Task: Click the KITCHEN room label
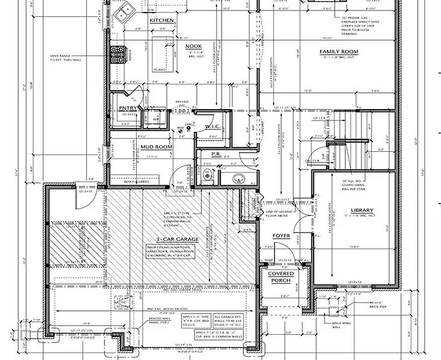pyautogui.click(x=161, y=21)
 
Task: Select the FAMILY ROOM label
pyautogui.click(x=338, y=51)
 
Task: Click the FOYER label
pyautogui.click(x=281, y=236)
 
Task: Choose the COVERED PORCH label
pyautogui.click(x=281, y=277)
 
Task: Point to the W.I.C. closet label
pyautogui.click(x=212, y=126)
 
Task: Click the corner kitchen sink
pyautogui.click(x=125, y=9)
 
